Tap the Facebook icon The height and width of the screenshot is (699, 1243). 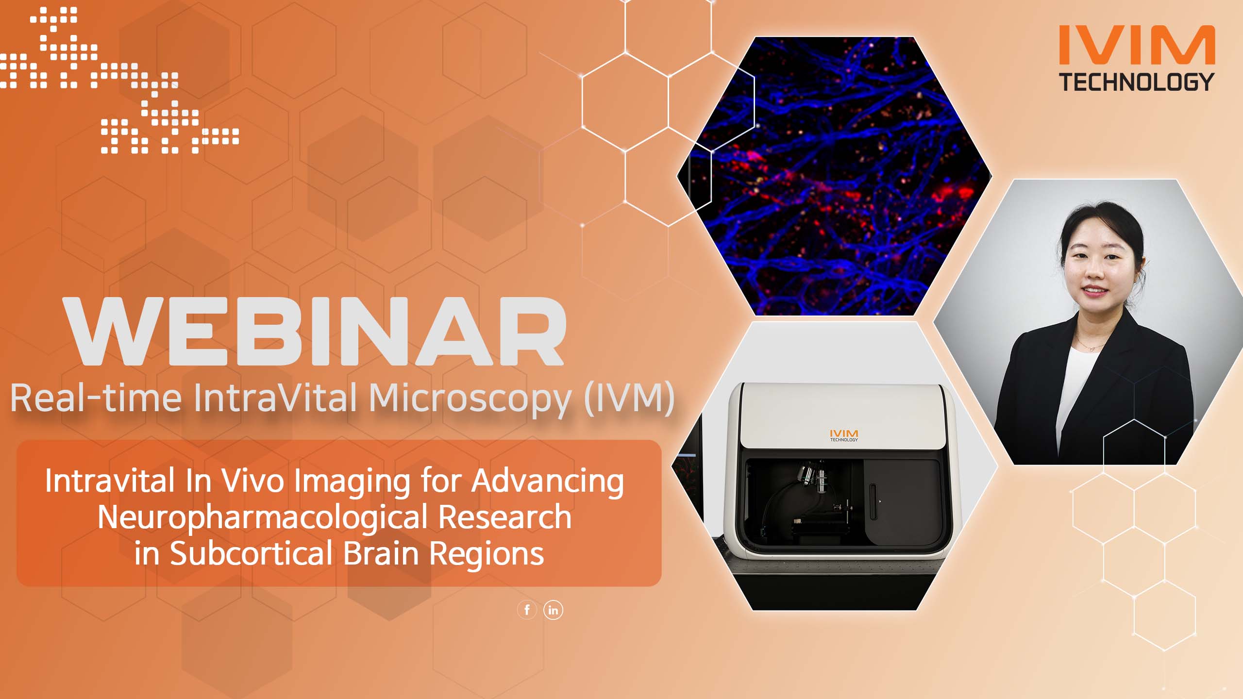tap(527, 610)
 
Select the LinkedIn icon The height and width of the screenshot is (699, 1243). tap(553, 610)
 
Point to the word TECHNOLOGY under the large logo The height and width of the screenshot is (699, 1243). tap(1136, 82)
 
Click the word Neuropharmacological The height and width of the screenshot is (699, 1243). tap(262, 517)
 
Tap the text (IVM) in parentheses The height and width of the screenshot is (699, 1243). tap(629, 398)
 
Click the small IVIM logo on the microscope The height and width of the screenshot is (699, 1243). tap(844, 434)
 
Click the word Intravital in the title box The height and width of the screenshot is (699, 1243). tap(110, 481)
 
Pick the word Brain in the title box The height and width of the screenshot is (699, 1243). tap(381, 553)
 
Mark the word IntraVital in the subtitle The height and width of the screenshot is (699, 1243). tap(276, 398)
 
